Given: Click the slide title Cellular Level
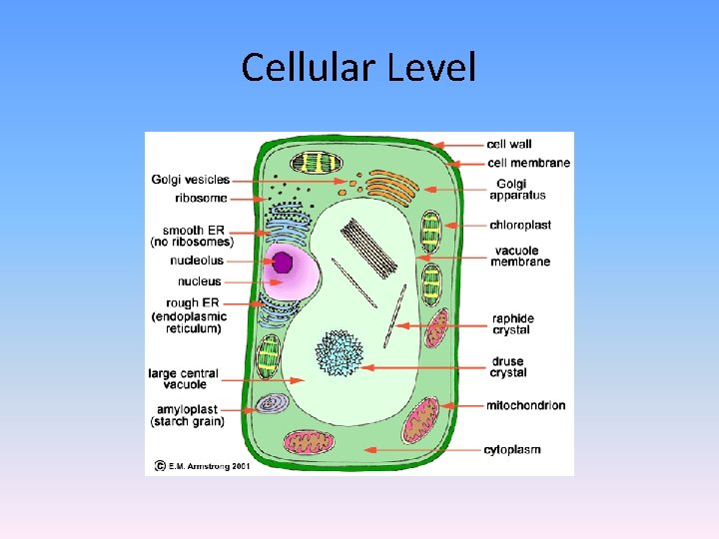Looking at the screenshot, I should [359, 68].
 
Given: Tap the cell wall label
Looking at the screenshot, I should [509, 144].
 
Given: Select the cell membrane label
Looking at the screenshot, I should [528, 163].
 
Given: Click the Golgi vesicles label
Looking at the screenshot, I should [191, 180].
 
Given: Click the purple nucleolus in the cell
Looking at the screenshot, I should [283, 263].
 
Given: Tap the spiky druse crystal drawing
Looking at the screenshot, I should [340, 352].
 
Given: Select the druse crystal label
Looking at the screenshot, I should [508, 366].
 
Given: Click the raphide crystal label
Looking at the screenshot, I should [512, 324].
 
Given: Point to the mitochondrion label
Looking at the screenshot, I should [526, 405].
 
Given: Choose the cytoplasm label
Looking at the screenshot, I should [512, 449].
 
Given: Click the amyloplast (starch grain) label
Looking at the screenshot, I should [187, 415].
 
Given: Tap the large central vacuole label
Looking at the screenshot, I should [182, 378].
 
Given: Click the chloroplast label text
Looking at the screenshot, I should [520, 225].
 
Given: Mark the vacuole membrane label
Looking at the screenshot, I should [520, 256].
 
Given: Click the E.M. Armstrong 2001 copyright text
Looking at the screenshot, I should [201, 465].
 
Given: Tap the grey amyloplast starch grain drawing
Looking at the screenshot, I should [272, 403].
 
